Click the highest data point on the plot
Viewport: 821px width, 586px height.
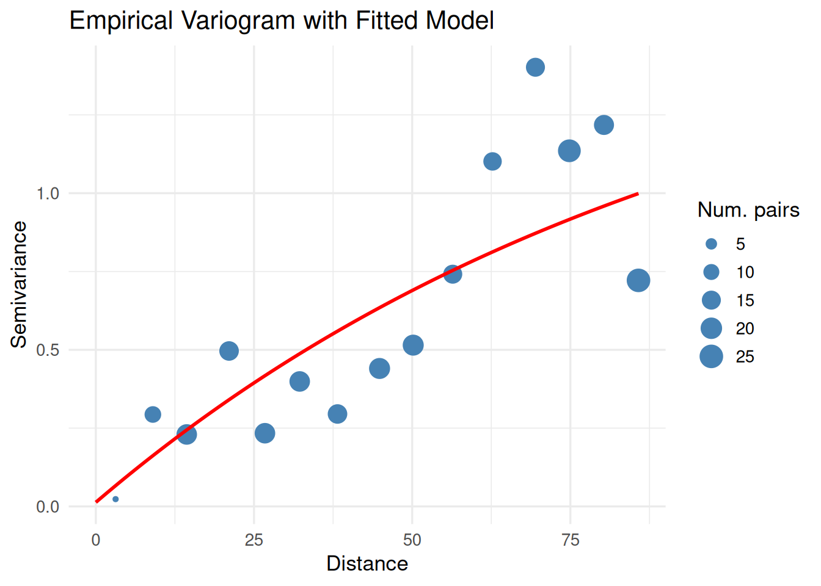point(535,67)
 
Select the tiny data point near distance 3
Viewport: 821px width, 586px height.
point(115,499)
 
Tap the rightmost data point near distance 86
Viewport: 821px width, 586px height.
point(638,281)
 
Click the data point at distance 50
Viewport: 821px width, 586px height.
point(413,345)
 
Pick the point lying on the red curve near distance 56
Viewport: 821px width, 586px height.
point(452,274)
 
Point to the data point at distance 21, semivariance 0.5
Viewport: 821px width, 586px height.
point(228,351)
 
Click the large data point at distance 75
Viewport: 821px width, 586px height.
point(569,151)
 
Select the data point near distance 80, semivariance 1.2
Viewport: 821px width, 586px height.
point(604,125)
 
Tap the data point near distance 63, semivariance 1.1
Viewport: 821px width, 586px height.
point(492,162)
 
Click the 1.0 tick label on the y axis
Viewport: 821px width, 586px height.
point(48,194)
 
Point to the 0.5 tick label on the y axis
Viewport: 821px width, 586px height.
point(48,350)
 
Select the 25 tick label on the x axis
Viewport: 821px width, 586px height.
point(254,540)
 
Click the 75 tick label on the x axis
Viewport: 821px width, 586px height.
point(570,540)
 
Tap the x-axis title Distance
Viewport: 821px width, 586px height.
point(367,563)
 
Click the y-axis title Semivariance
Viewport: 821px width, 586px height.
point(19,284)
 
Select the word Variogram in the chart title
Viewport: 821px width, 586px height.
point(238,21)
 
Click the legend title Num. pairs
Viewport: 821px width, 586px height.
point(748,210)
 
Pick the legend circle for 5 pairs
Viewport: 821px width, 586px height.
point(711,244)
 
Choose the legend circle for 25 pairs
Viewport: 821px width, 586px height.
point(711,356)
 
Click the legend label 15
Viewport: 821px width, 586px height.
point(745,300)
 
